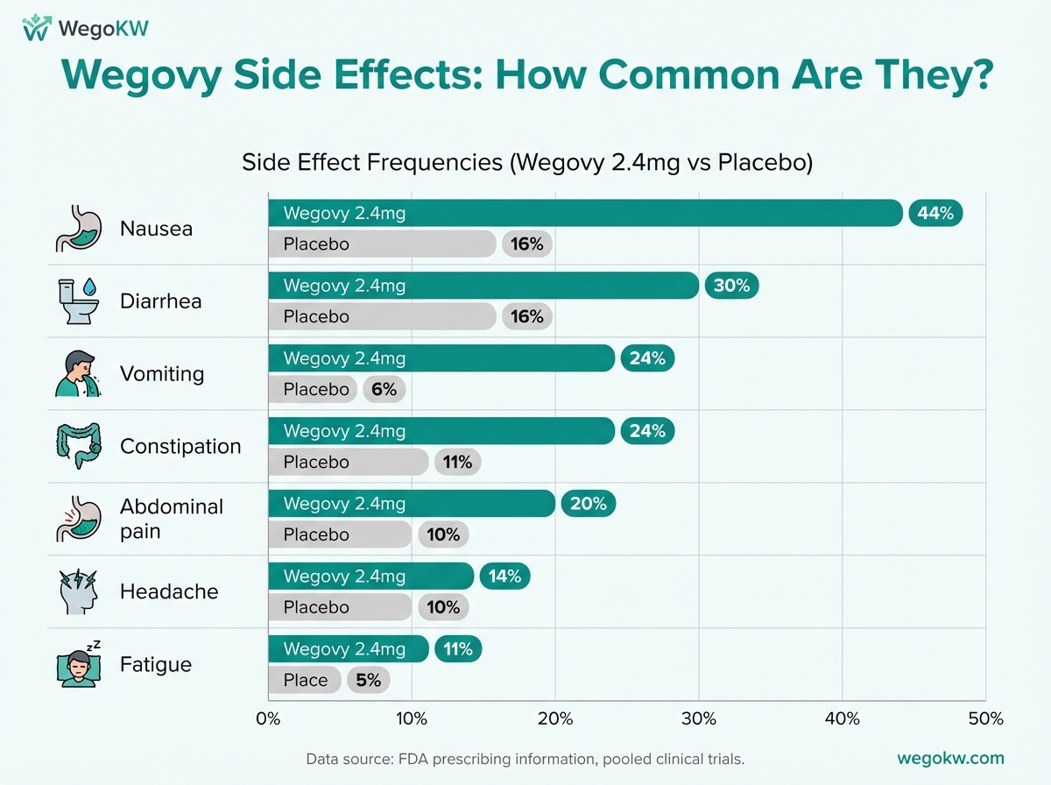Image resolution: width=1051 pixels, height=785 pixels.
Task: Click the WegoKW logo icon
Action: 36,27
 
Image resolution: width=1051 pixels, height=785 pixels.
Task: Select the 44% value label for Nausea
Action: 935,213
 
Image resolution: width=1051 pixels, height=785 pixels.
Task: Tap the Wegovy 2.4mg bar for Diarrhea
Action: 483,286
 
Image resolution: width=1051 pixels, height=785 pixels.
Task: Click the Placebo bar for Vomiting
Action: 312,389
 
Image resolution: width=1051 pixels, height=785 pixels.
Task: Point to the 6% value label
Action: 384,389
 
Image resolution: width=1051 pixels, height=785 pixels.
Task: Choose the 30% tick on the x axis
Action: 699,719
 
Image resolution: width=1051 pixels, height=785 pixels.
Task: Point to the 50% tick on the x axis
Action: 985,719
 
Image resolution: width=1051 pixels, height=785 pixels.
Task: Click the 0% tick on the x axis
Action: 268,719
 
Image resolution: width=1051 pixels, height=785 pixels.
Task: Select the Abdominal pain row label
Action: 172,519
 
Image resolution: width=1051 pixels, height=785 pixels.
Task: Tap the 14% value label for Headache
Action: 505,576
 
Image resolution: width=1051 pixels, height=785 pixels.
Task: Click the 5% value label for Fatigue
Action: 368,680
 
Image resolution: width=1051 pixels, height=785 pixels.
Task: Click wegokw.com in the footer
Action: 951,759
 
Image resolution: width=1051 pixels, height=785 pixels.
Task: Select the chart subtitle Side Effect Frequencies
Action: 527,163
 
